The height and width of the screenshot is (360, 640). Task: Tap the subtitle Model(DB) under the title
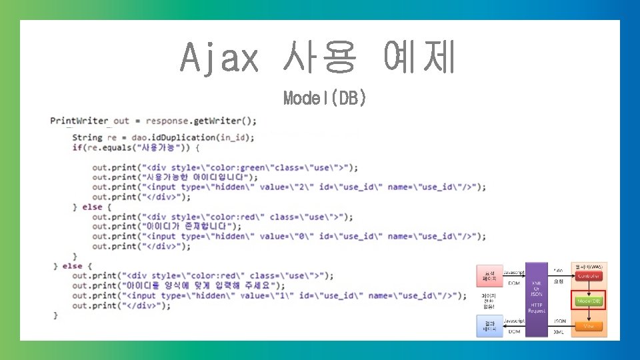pos(325,98)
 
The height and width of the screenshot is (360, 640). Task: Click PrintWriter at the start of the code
pos(79,121)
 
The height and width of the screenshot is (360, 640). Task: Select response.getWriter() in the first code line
pos(201,121)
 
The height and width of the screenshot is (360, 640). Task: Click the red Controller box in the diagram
pos(589,276)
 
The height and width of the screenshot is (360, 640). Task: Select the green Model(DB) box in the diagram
pos(589,301)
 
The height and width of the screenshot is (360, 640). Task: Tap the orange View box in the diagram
pos(589,326)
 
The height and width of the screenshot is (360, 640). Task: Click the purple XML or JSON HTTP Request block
pos(537,297)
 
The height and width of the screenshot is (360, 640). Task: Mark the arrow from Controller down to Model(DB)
pos(589,287)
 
